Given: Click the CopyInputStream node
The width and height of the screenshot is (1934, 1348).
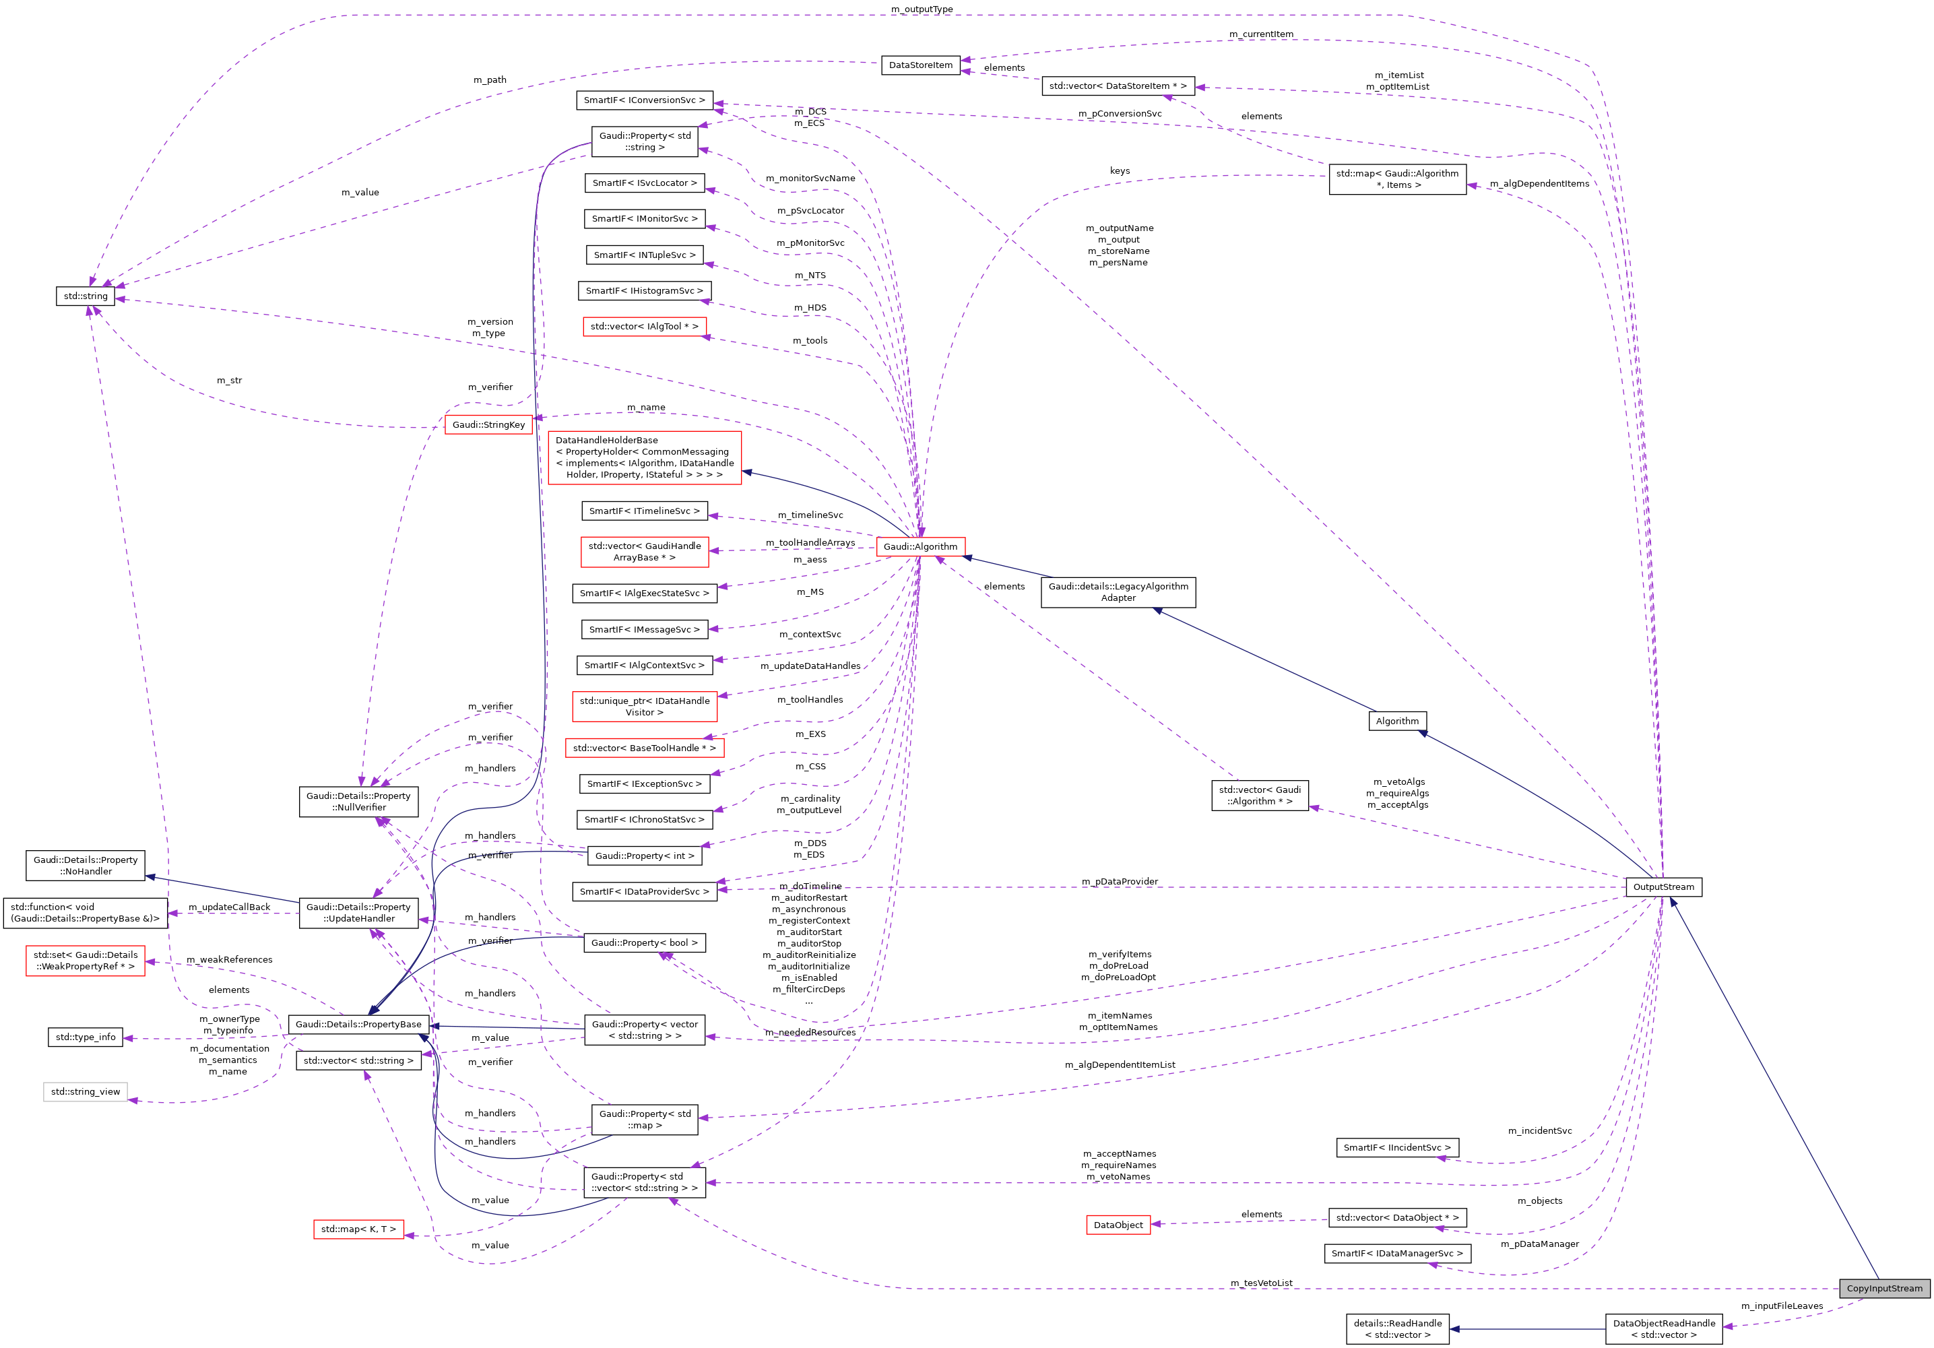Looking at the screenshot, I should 1883,1288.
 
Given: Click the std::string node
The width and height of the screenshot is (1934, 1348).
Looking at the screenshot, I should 86,296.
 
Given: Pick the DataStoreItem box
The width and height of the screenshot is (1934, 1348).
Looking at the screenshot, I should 921,65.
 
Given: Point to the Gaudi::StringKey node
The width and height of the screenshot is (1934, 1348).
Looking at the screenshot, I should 488,424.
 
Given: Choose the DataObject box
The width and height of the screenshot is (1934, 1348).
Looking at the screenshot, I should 1118,1225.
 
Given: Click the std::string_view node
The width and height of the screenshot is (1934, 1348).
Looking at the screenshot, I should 85,1092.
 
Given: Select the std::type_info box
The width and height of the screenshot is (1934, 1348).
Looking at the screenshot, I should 85,1037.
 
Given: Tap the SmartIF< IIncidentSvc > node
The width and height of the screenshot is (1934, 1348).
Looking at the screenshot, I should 1396,1147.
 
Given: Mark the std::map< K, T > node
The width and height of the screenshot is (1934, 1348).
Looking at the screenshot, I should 358,1229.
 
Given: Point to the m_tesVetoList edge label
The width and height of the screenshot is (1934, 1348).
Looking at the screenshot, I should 1261,1283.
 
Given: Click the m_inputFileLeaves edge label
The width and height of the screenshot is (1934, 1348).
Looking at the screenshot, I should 1782,1306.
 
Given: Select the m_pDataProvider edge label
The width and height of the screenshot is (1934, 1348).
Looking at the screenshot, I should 1120,881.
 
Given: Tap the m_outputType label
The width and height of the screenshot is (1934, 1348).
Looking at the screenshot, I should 922,9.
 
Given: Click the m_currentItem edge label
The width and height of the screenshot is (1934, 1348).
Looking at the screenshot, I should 1260,34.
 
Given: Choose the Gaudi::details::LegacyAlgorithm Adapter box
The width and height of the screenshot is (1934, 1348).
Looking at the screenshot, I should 1118,592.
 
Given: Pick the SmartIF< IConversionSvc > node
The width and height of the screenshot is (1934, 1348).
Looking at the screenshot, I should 645,100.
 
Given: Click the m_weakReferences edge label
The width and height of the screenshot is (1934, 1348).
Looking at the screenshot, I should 229,959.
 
